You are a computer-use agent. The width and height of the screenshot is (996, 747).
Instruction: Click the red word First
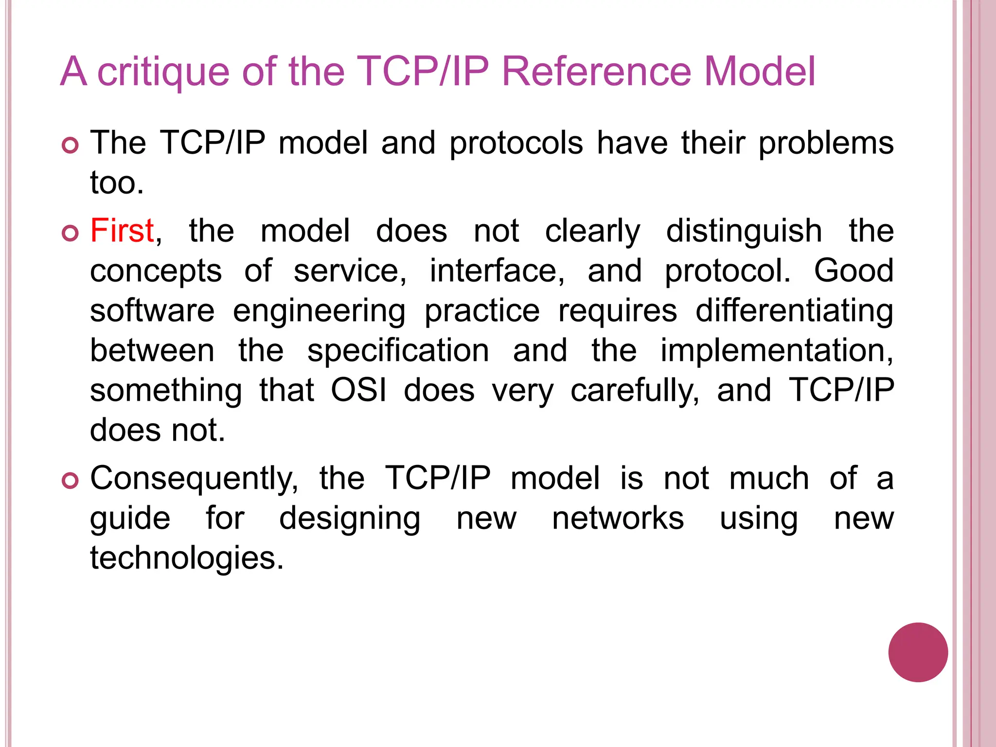122,231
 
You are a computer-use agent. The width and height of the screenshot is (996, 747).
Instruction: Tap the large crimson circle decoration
918,652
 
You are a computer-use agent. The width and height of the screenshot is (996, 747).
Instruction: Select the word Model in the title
760,71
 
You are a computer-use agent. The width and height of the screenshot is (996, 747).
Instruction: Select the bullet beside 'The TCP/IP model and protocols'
71,145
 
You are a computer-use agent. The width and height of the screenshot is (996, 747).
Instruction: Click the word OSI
359,390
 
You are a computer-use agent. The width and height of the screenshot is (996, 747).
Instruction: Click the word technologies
186,558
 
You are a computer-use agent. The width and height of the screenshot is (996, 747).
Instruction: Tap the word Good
854,270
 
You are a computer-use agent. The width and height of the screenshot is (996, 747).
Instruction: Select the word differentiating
794,311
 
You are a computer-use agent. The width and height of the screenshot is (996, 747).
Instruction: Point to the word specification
398,351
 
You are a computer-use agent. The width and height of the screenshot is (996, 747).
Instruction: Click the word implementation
776,351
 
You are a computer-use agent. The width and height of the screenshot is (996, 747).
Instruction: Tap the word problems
826,143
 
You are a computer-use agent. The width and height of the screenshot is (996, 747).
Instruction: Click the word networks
618,518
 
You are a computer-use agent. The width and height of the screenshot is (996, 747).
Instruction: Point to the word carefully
635,391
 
